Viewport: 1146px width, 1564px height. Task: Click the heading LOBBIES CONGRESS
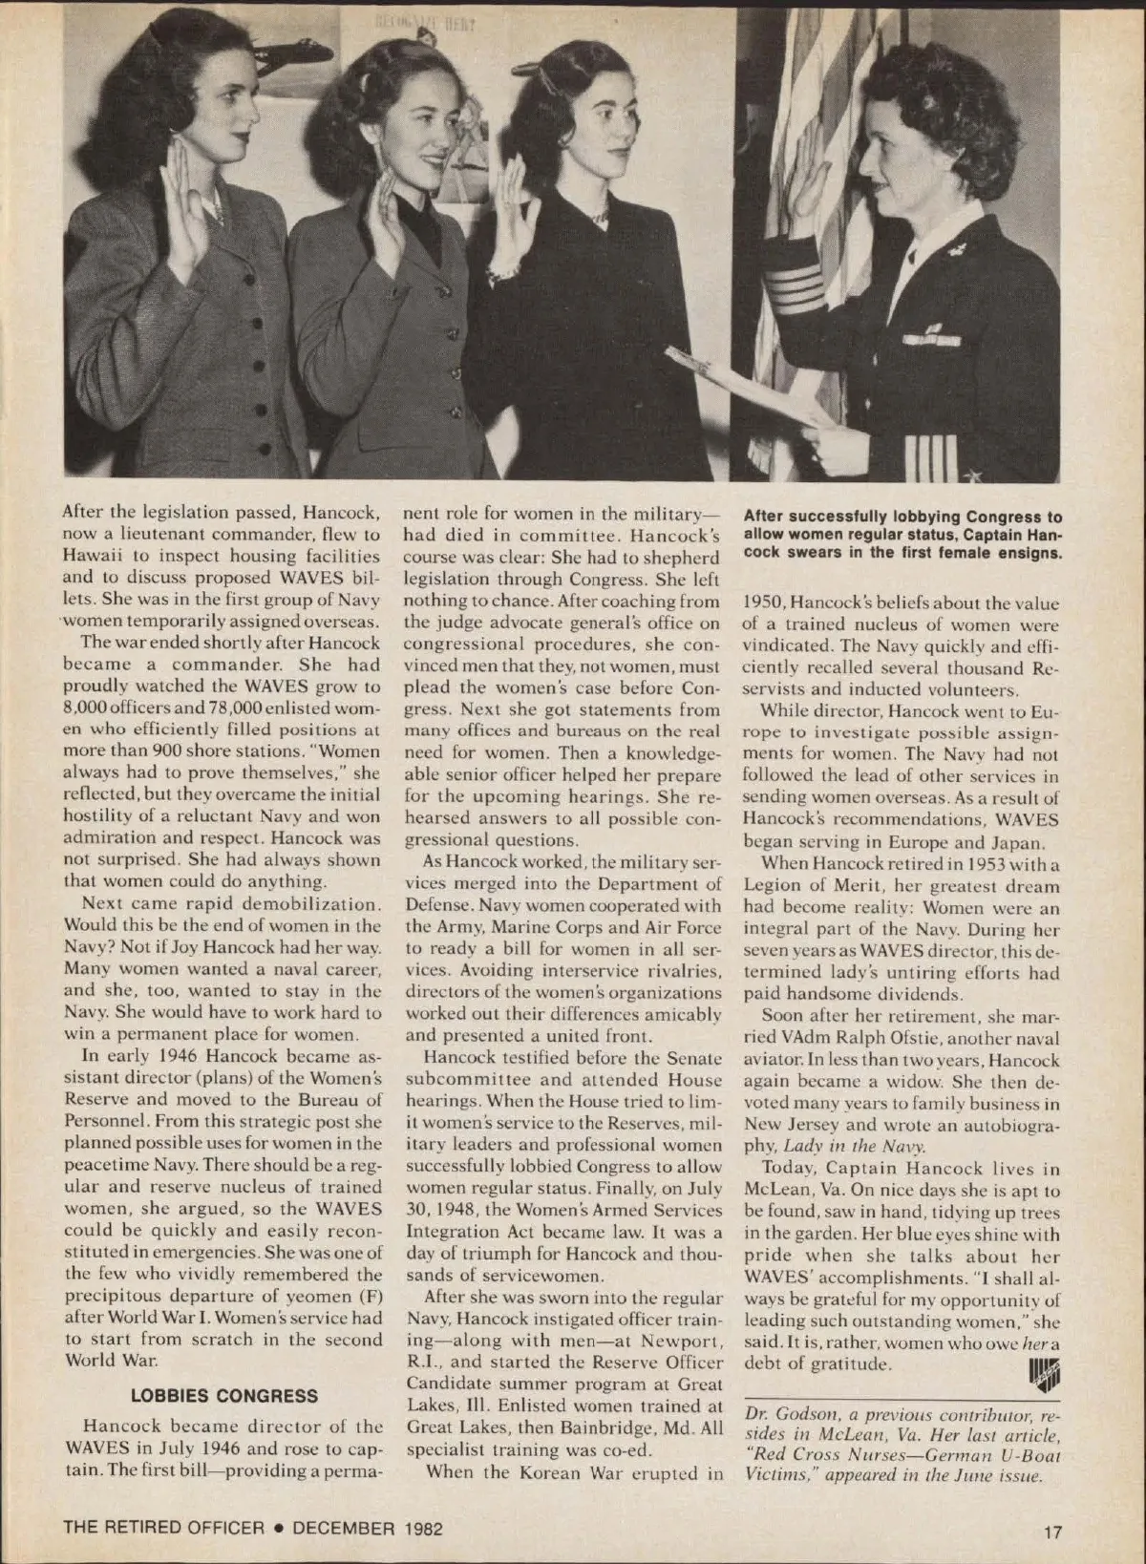point(224,1395)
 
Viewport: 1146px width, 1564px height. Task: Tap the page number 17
point(1051,1532)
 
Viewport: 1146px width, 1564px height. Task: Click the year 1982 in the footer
point(423,1528)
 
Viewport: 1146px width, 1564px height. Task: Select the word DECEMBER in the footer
point(343,1528)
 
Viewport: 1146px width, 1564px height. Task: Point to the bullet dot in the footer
point(278,1528)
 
